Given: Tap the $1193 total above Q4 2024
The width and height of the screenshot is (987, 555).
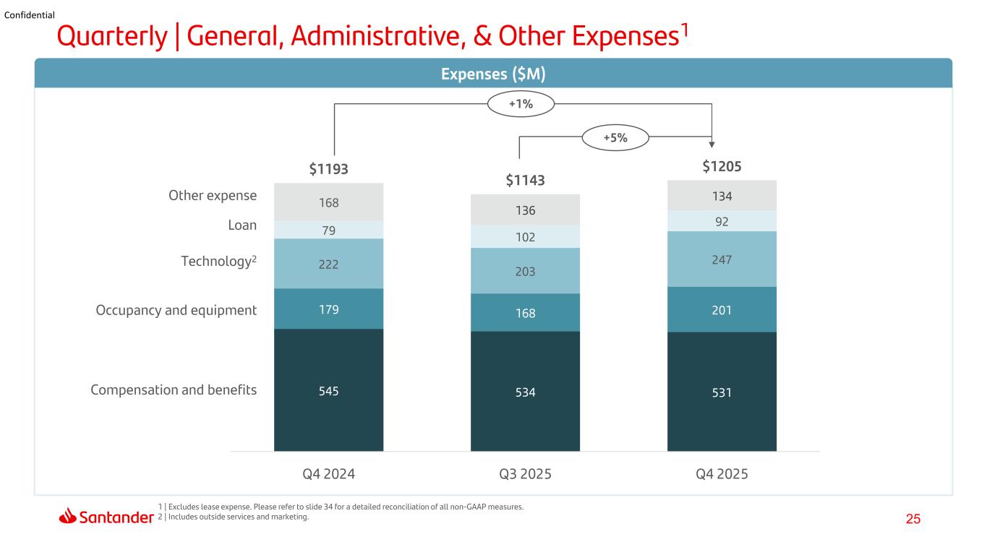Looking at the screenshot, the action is tap(328, 168).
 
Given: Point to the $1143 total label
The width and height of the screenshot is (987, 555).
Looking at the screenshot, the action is tap(525, 180).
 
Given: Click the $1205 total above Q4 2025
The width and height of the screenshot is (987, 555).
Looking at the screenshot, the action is tap(722, 166).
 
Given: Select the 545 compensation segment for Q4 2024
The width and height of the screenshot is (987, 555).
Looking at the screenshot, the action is tap(329, 390).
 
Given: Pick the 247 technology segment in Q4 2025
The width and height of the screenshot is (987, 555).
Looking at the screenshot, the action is tap(722, 259).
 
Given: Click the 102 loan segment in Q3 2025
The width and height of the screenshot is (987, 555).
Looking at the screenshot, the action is tap(525, 237).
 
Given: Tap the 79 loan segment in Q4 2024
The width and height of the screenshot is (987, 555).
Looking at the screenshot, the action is tap(329, 230).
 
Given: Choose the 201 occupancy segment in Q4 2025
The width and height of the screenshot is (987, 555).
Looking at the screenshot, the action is tap(722, 309).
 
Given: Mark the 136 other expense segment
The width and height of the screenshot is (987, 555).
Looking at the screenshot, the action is tap(525, 210).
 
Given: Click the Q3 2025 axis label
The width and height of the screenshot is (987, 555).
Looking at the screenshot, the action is tap(525, 474).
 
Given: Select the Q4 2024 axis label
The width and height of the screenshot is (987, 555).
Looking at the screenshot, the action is tap(329, 474).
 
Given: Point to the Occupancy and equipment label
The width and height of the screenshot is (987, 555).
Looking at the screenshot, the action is tap(176, 311).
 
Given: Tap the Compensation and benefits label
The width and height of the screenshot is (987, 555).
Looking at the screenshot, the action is tap(173, 390).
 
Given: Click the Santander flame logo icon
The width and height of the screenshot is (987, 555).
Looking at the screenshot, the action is tap(67, 516).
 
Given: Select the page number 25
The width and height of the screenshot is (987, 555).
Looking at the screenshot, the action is tap(913, 519).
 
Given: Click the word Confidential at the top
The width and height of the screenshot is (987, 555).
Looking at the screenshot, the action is tap(29, 15).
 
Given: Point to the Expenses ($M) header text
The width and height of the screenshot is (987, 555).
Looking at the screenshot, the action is tap(493, 74).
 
